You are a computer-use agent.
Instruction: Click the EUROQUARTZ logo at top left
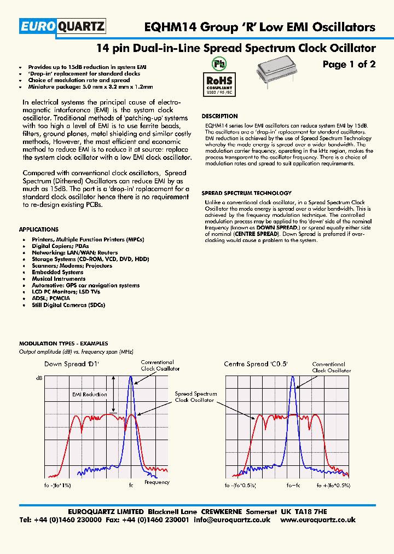click(62, 26)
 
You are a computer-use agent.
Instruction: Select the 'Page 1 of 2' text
click(349, 65)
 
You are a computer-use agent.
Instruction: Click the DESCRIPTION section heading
click(219, 116)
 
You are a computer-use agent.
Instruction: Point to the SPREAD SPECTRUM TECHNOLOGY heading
click(246, 193)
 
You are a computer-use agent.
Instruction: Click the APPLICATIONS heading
click(38, 229)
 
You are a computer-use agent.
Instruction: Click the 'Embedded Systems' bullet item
click(57, 272)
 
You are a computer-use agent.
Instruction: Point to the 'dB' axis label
click(39, 378)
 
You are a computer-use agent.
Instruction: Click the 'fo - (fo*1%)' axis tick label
click(55, 486)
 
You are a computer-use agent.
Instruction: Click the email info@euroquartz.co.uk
click(232, 520)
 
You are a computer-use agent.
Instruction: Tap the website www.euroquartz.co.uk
click(318, 520)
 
